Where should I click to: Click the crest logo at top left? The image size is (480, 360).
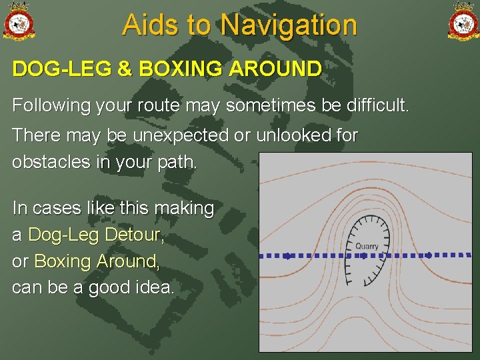pyautogui.click(x=19, y=21)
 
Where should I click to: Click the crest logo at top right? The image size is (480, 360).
pyautogui.click(x=463, y=21)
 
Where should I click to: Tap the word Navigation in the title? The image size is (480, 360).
pyautogui.click(x=289, y=25)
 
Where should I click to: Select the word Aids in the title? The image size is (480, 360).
pyautogui.click(x=151, y=25)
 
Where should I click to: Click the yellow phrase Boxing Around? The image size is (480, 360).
pyautogui.click(x=97, y=261)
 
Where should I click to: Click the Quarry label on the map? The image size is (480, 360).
pyautogui.click(x=367, y=246)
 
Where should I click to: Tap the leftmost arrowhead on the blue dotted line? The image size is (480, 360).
pyautogui.click(x=288, y=255)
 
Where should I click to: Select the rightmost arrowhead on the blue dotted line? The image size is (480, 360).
pyautogui.click(x=429, y=255)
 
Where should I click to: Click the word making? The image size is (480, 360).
pyautogui.click(x=183, y=209)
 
